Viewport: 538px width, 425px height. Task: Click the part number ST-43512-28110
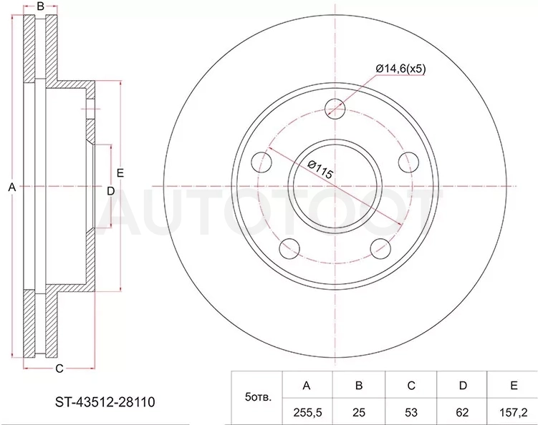(105, 401)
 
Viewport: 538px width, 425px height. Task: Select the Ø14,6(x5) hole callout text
(400, 69)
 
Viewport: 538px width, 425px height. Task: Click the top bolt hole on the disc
(335, 108)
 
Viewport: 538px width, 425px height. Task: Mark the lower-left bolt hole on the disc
(290, 248)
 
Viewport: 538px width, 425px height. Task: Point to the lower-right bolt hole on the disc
(380, 248)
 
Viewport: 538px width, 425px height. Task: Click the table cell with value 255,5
(307, 412)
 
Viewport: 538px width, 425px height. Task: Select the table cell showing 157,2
(514, 412)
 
